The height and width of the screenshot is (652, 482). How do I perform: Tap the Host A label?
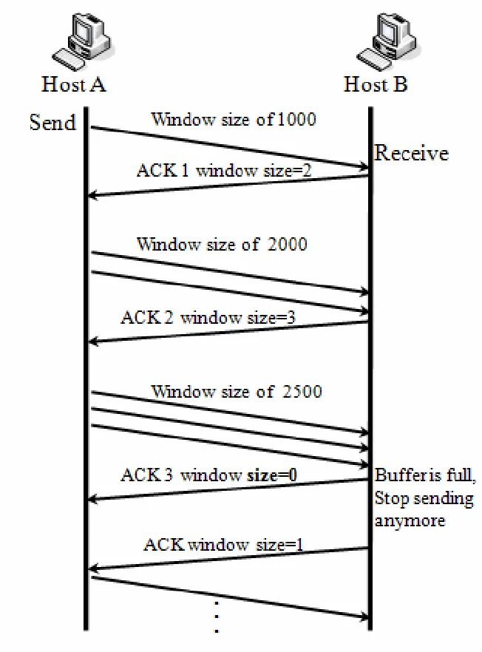[x=74, y=84]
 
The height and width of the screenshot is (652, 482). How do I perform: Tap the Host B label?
[x=375, y=84]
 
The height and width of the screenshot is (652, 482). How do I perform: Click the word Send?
[x=52, y=122]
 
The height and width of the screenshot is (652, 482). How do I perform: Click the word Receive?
[x=411, y=154]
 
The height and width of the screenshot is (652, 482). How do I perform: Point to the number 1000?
[x=296, y=119]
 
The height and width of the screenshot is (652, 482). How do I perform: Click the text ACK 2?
[x=147, y=318]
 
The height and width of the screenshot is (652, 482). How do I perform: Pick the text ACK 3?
[x=147, y=475]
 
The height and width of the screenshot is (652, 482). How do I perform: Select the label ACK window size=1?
[x=223, y=546]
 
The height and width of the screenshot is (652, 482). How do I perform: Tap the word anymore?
[x=410, y=520]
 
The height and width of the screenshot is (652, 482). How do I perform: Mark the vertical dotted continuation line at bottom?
[x=217, y=617]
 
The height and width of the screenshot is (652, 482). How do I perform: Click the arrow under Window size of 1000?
[x=229, y=148]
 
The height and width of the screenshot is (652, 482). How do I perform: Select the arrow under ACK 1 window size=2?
[x=229, y=186]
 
